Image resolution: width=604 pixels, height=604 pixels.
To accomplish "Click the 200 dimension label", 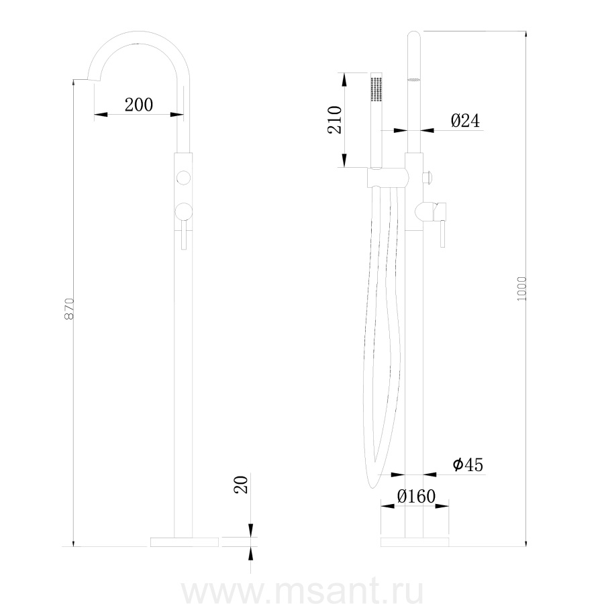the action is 139,105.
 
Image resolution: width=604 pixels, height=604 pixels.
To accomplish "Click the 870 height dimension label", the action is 69,309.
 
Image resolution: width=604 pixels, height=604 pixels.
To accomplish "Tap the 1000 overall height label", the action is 521,289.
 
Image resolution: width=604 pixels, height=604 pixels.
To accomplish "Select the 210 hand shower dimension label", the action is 335,120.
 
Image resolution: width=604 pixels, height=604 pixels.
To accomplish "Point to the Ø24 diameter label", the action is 465,121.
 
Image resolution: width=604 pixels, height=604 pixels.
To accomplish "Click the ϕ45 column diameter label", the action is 468,465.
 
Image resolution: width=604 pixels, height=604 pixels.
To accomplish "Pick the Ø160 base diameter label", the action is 416,497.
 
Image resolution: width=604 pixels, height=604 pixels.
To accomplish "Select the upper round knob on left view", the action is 183,178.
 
